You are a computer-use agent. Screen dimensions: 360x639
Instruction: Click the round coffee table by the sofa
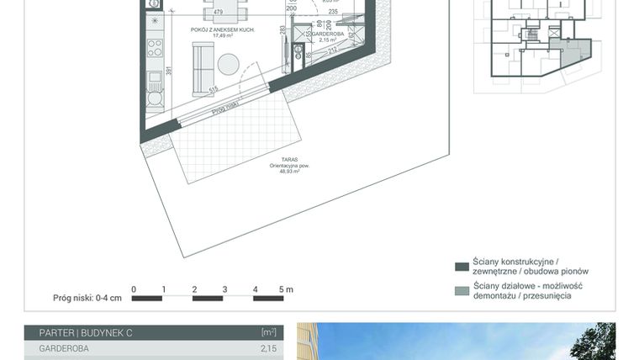[x=230, y=64]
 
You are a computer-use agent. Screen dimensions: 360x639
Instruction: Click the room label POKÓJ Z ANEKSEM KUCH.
[x=223, y=29]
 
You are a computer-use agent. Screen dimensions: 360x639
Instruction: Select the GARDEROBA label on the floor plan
[x=328, y=34]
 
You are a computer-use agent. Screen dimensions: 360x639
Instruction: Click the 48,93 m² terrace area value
[x=290, y=171]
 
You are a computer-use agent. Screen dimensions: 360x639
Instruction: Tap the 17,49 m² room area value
[x=223, y=36]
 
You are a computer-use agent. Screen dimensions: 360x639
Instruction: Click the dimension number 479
[x=218, y=12]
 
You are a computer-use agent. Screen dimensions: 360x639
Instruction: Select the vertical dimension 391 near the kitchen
[x=168, y=71]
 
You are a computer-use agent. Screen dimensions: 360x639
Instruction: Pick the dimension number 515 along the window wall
[x=214, y=88]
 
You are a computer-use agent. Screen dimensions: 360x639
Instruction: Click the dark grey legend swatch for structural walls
[x=461, y=267]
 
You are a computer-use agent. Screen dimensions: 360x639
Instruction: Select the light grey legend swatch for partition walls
[x=461, y=291]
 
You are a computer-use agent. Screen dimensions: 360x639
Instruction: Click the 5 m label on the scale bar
[x=286, y=289]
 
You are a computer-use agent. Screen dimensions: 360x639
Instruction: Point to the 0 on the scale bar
[x=134, y=289]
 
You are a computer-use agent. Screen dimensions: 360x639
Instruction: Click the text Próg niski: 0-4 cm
[x=87, y=298]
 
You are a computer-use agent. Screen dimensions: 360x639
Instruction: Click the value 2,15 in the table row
[x=268, y=348]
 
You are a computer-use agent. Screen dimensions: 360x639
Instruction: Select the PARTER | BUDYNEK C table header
[x=86, y=333]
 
